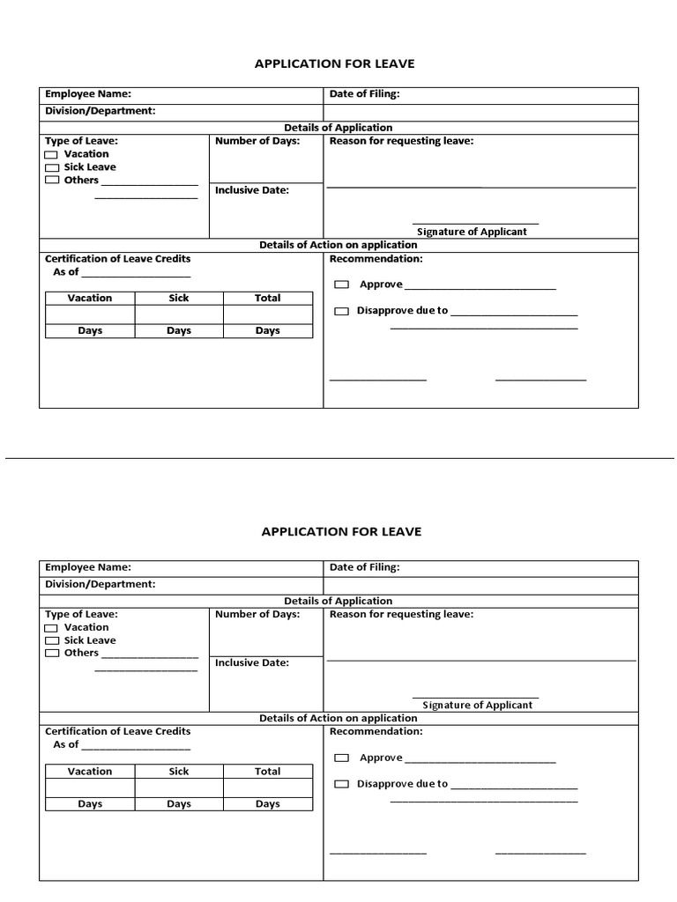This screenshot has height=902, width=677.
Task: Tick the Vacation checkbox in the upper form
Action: tap(52, 155)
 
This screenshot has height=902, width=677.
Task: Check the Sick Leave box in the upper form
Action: tap(52, 167)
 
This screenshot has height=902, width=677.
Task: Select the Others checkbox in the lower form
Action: tap(52, 654)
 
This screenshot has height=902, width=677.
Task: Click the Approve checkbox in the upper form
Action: tap(341, 285)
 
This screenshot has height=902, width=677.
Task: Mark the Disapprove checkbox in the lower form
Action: tap(341, 784)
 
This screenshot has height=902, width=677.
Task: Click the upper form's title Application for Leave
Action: tap(334, 63)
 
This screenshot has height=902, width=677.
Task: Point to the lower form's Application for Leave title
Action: tap(341, 531)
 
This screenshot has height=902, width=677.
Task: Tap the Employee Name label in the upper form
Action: tap(88, 94)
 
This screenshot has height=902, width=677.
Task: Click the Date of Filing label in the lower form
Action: tap(364, 567)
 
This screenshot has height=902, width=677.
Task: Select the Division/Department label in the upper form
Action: tap(100, 111)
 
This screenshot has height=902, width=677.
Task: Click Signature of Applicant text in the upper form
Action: tap(472, 232)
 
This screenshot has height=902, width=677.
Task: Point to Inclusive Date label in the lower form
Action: tap(252, 662)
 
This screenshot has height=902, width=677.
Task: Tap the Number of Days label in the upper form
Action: tap(257, 141)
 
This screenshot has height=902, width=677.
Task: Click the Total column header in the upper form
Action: tap(267, 298)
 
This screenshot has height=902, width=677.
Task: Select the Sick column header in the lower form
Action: tap(179, 771)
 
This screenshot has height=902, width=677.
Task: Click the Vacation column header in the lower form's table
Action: tap(90, 771)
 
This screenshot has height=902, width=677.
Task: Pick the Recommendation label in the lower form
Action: tap(376, 731)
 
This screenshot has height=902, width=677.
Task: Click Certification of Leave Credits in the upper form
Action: tap(117, 259)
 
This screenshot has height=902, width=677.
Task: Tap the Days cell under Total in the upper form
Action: tap(267, 330)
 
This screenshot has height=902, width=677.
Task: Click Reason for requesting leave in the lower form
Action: tap(401, 614)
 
